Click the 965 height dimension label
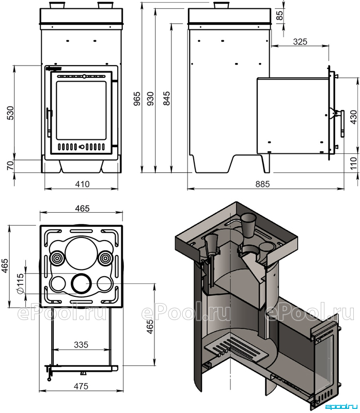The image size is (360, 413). [137, 99]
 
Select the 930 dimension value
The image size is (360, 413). [150, 99]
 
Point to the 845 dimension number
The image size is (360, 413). [166, 99]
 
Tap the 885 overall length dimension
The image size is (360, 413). [262, 184]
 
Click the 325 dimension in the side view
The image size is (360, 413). [300, 41]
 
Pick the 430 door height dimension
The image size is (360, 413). [354, 117]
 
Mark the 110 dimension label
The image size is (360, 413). [354, 162]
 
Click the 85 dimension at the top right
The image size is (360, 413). [280, 15]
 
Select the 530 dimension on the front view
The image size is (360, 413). [10, 113]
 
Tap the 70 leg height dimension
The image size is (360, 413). [10, 165]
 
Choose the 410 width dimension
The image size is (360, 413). [82, 184]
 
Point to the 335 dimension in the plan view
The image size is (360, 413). [81, 344]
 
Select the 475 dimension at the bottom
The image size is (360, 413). [81, 386]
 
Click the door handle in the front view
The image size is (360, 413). [49, 121]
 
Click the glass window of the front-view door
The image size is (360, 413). [81, 110]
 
